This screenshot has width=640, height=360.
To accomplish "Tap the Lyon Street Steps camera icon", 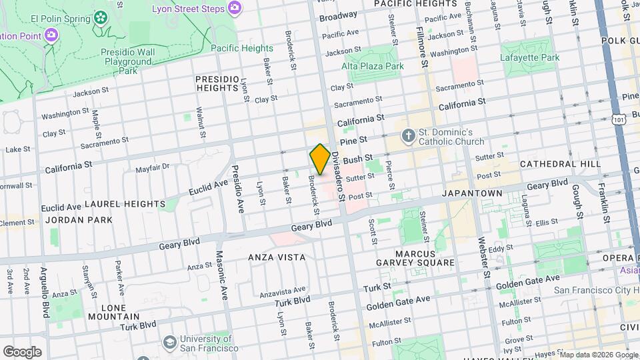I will click(235, 7).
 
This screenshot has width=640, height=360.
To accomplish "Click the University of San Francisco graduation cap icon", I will click(170, 343).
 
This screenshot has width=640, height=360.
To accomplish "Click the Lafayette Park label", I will click(530, 58).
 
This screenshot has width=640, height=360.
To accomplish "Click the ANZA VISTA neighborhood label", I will click(277, 257).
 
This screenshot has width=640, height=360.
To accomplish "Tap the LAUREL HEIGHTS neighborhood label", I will click(125, 203).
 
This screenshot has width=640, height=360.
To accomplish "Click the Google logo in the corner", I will click(22, 351).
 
